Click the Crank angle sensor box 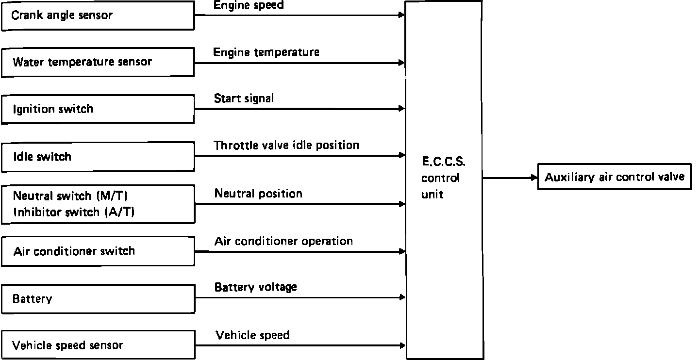click(98, 16)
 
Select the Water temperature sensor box click(98, 62)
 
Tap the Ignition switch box click(98, 109)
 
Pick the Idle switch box click(98, 157)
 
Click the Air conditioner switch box click(98, 251)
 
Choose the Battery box click(98, 299)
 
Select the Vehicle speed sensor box click(98, 345)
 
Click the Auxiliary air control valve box click(614, 177)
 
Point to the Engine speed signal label click(249, 5)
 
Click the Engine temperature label click(266, 52)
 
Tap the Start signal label click(244, 98)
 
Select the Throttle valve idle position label click(286, 145)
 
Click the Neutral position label click(258, 194)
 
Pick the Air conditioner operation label click(283, 241)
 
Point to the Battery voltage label click(255, 287)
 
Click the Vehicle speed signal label click(252, 335)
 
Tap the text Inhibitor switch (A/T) click(74, 212)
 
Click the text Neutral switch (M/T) click(70, 196)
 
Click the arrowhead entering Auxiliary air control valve click(534, 178)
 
